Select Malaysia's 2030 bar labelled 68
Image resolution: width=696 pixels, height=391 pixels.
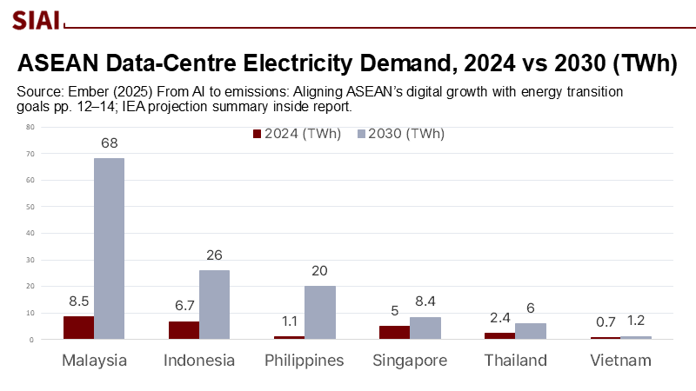[109, 249]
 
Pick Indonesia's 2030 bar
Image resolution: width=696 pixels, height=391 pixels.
[214, 304]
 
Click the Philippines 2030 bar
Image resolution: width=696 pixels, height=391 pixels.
[319, 313]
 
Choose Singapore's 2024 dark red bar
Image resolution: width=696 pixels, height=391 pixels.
[393, 332]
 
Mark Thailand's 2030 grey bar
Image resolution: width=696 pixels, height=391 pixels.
[530, 331]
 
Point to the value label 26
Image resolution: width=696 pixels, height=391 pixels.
[214, 255]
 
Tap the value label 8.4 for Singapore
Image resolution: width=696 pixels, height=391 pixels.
[424, 302]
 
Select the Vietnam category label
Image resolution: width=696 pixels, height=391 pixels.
[619, 361]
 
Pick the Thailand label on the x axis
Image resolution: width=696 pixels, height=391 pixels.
[514, 361]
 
